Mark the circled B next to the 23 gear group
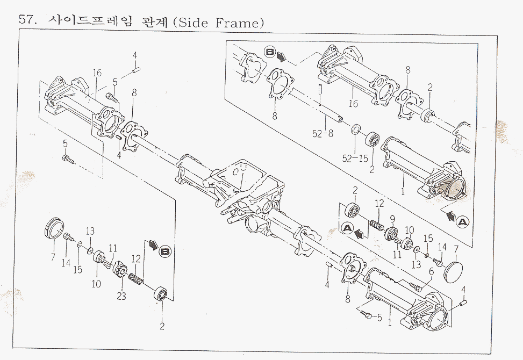(165, 251)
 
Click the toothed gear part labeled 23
(119, 269)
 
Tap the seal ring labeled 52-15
(355, 130)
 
